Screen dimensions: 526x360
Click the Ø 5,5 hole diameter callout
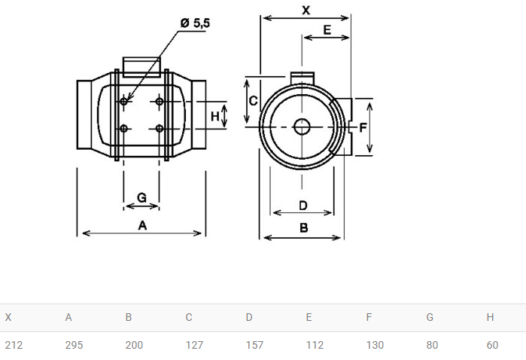pos(195,23)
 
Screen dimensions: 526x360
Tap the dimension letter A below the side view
pos(142,225)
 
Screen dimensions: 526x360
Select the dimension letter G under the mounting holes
pos(142,197)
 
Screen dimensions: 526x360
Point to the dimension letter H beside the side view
pos(214,117)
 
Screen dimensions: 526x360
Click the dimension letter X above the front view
pos(306,11)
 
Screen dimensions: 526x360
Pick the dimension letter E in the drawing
pos(327,30)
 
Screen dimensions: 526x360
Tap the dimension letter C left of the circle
pos(254,101)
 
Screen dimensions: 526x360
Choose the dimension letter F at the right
pos(363,127)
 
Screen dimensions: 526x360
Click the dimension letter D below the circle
pos(303,205)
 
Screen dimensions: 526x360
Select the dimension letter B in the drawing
pos(303,228)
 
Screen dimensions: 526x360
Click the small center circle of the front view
pos(302,127)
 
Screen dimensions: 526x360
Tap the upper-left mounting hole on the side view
pos(123,101)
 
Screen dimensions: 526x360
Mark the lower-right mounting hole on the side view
pos(160,128)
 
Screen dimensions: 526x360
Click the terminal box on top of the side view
pos(141,67)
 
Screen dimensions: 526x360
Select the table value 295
pos(74,345)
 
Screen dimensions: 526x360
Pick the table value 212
pos(14,345)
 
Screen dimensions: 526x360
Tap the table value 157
pos(254,345)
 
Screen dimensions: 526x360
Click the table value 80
pos(432,345)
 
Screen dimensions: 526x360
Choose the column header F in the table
pos(369,317)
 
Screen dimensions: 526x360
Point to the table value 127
pos(195,345)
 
